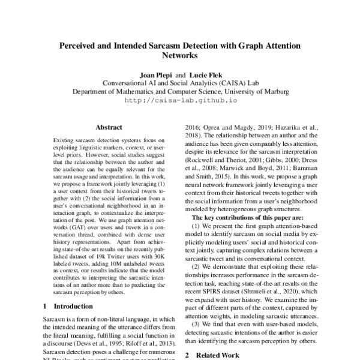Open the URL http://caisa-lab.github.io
tap(181, 101)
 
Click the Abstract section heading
tap(108, 127)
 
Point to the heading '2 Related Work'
tap(212, 355)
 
